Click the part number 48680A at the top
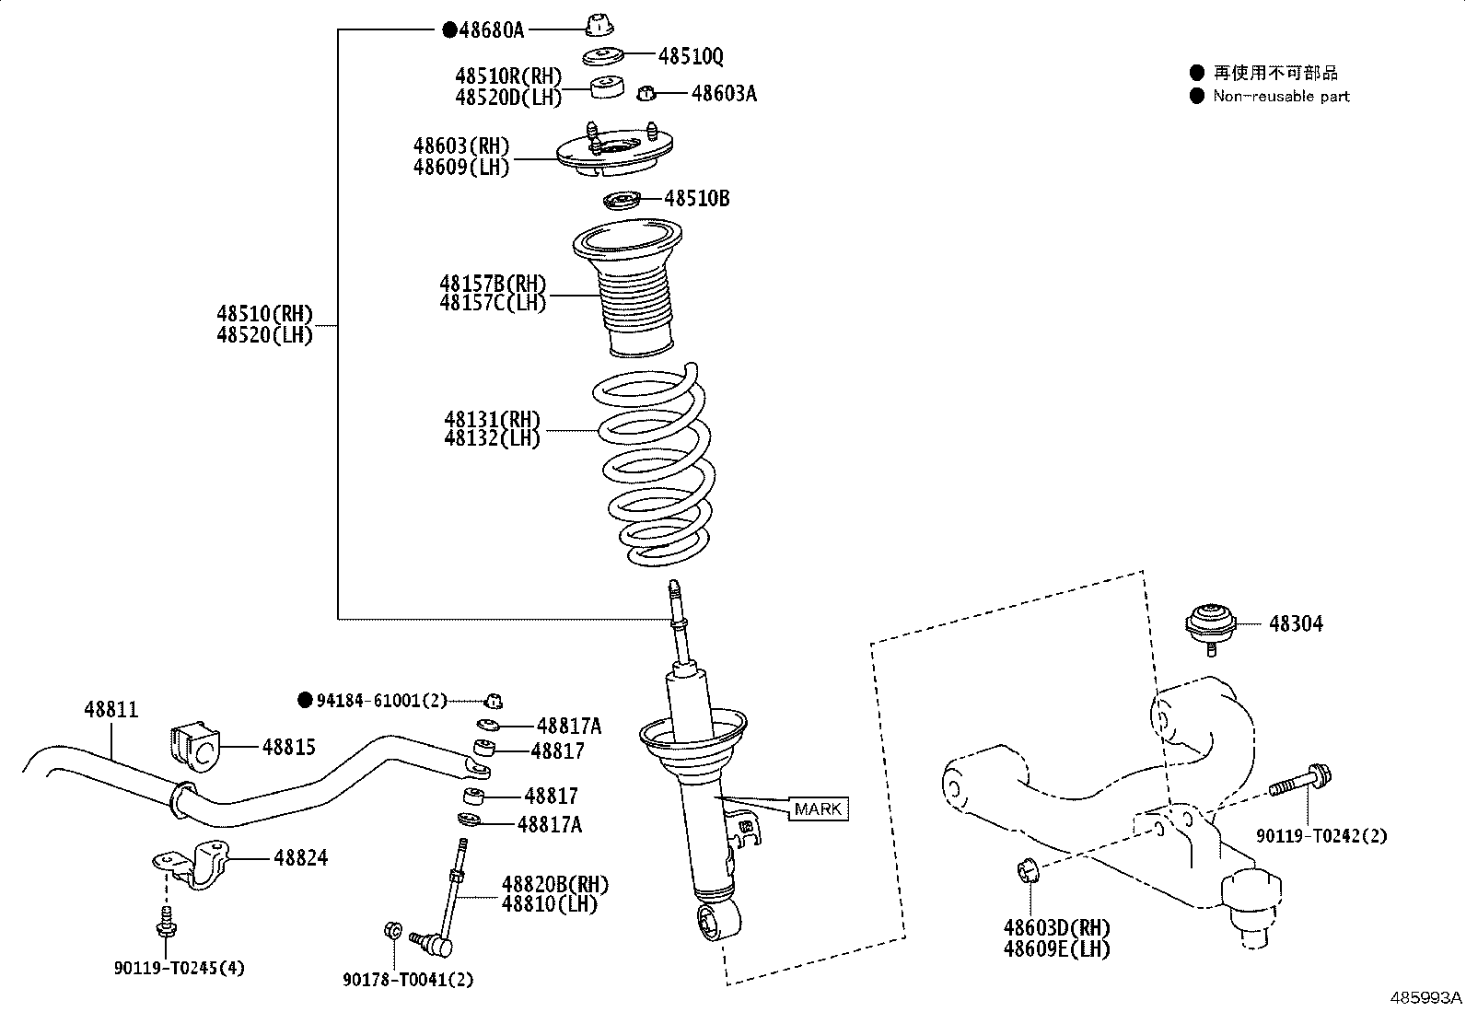pyautogui.click(x=491, y=30)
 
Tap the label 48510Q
pyautogui.click(x=691, y=57)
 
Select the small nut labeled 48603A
pyautogui.click(x=647, y=93)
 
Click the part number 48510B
pyautogui.click(x=697, y=198)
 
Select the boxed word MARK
pyautogui.click(x=818, y=809)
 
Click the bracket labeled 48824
pyautogui.click(x=196, y=866)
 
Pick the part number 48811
pyautogui.click(x=111, y=710)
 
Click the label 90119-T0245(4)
pyautogui.click(x=180, y=968)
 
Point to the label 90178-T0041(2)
pyautogui.click(x=408, y=980)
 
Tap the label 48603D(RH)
pyautogui.click(x=1057, y=927)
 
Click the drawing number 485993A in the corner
pyautogui.click(x=1425, y=997)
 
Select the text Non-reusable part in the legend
pyautogui.click(x=1281, y=96)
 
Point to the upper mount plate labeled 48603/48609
pyautogui.click(x=614, y=155)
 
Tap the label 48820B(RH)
pyautogui.click(x=554, y=885)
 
